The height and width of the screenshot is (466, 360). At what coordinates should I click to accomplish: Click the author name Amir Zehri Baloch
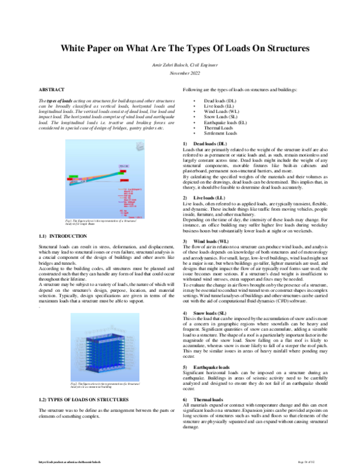pos(179,63)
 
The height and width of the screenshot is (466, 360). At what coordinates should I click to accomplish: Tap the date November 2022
pos(179,72)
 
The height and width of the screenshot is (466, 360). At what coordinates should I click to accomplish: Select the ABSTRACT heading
pos(51,89)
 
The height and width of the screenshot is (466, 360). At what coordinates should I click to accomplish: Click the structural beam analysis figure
pos(107,171)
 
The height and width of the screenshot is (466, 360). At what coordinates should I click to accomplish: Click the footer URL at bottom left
pos(66,461)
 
